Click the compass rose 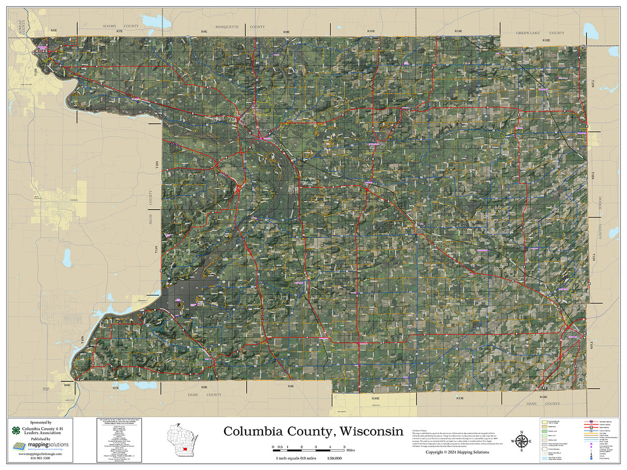(x=521, y=441)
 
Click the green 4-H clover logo (x=17, y=431)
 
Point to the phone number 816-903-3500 (x=40, y=458)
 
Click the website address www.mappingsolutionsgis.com (x=40, y=454)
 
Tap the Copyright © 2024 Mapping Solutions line (x=457, y=452)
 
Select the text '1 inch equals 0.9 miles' (x=296, y=458)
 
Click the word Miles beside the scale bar (x=350, y=450)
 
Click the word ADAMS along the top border (x=109, y=26)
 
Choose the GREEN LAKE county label (x=528, y=33)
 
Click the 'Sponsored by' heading (x=40, y=422)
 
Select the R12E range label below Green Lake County (x=547, y=40)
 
